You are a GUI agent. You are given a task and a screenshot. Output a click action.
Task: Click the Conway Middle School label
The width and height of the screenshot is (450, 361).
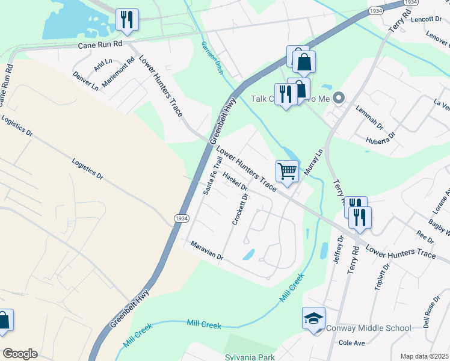pyautogui.click(x=368, y=329)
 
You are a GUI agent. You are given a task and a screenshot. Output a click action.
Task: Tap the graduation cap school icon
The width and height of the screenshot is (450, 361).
pyautogui.click(x=313, y=319)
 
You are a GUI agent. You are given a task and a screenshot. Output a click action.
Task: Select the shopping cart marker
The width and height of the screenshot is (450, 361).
pyautogui.click(x=288, y=171)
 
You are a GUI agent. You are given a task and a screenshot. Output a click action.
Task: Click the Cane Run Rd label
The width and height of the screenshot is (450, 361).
pyautogui.click(x=99, y=45)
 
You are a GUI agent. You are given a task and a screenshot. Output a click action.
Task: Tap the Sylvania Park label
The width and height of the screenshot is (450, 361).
pyautogui.click(x=249, y=357)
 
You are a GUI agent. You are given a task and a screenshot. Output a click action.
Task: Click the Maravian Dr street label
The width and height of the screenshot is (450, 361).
pyautogui.click(x=207, y=251)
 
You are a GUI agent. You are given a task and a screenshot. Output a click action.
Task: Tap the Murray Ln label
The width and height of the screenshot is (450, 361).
pyautogui.click(x=313, y=162)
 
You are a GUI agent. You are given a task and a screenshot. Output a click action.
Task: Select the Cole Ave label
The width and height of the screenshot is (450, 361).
pyautogui.click(x=352, y=343)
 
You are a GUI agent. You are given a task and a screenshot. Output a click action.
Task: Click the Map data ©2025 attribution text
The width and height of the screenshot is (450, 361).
pyautogui.click(x=424, y=356)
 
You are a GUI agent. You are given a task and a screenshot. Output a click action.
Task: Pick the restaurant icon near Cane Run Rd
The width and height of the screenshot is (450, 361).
pyautogui.click(x=127, y=19)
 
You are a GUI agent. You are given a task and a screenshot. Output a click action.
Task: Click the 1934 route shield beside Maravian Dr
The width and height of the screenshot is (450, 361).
pyautogui.click(x=180, y=218)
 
